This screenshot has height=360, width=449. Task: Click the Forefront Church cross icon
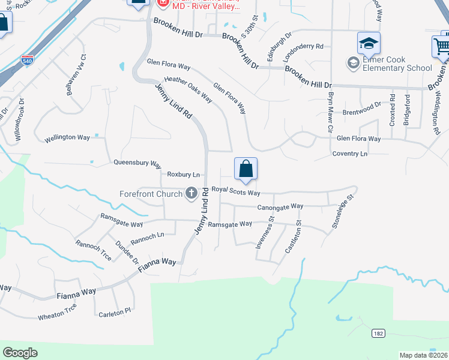tap(191, 193)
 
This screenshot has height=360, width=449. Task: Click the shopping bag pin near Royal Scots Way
tap(246, 170)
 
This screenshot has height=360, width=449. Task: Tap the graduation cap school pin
tap(369, 43)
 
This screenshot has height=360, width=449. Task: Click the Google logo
tap(20, 352)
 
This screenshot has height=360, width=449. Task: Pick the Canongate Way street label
tap(280, 206)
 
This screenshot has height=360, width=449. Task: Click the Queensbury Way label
tap(137, 163)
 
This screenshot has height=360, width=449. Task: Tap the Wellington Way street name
tap(67, 138)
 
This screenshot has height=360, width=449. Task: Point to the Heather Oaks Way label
tap(188, 88)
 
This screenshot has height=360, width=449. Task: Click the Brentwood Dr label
tap(361, 112)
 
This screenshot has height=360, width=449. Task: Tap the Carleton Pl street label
tap(114, 312)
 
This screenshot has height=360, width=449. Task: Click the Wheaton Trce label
tap(58, 312)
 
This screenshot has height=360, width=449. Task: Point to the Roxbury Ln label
tap(183, 175)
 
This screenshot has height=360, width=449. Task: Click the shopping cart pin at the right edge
tap(441, 47)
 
